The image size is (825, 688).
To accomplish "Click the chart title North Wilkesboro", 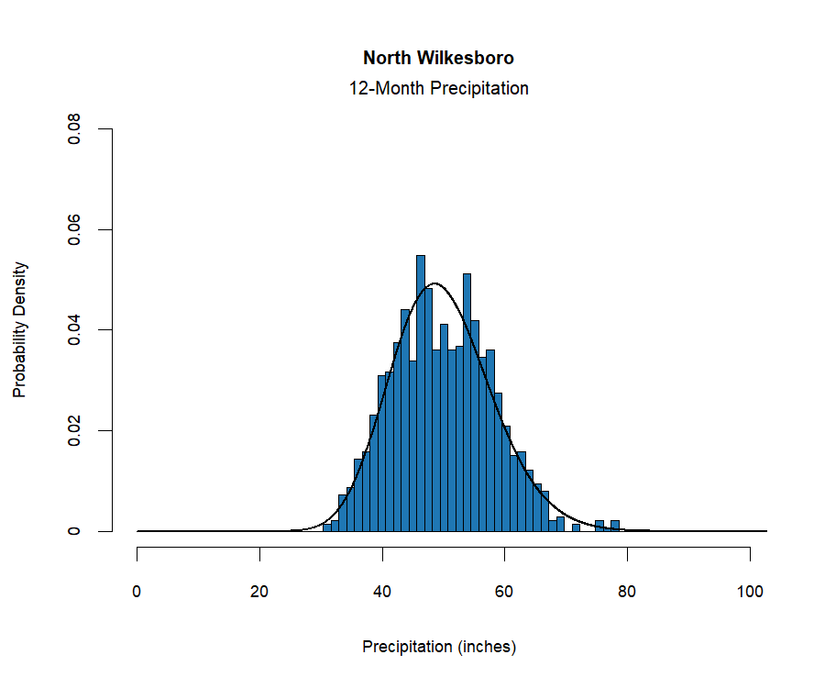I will coord(438,58).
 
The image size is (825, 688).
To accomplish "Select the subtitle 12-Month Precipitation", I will coord(438,89).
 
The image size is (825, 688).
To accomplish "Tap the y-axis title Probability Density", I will coord(20,329).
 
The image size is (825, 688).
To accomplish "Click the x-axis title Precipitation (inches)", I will coord(439,647).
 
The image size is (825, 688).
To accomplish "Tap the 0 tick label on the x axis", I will coord(137,592).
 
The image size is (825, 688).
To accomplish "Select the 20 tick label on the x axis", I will coord(260,592).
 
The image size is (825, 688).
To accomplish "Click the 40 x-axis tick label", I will coord(382,592).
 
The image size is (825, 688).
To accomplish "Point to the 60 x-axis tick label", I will coord(505,592).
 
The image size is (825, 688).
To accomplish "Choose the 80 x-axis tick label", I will coord(628,592).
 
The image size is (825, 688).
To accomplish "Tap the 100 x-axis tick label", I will coord(750,592).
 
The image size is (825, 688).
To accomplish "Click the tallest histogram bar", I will coord(421,394).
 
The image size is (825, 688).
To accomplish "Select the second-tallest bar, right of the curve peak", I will coord(467,404).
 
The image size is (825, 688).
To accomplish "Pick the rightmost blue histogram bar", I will coord(615,527).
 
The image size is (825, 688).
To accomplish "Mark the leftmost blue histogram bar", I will coord(327,528).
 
